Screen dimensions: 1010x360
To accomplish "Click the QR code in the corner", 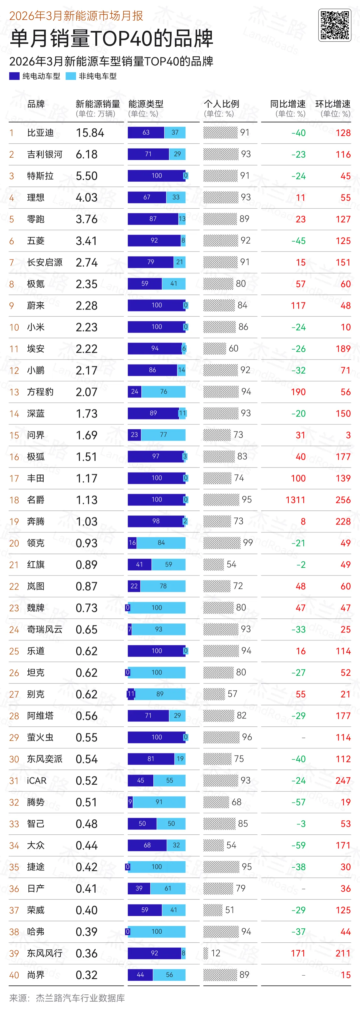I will pyautogui.click(x=335, y=25).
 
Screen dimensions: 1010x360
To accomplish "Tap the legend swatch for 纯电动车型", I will pyautogui.click(x=15, y=76).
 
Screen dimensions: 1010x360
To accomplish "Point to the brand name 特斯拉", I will pyautogui.click(x=40, y=176).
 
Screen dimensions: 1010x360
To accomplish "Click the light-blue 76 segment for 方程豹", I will pyautogui.click(x=164, y=392).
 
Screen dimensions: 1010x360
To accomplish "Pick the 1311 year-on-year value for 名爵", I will pyautogui.click(x=295, y=500).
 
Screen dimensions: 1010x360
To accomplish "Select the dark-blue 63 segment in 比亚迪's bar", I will pyautogui.click(x=146, y=133).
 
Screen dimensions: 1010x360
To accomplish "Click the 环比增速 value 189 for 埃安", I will pyautogui.click(x=343, y=349).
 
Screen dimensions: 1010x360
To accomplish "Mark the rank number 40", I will pyautogui.click(x=14, y=975).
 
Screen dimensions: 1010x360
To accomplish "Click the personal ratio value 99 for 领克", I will pyautogui.click(x=247, y=542).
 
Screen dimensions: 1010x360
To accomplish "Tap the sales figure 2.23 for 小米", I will pyautogui.click(x=86, y=327).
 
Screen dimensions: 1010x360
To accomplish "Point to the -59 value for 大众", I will pyautogui.click(x=298, y=845).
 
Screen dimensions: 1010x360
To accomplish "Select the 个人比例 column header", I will pyautogui.click(x=221, y=104).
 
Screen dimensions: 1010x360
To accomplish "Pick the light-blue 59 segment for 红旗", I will pyautogui.click(x=168, y=564).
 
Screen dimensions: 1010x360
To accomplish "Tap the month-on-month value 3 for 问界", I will pyautogui.click(x=348, y=435).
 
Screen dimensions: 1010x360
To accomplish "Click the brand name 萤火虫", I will pyautogui.click(x=40, y=737).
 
